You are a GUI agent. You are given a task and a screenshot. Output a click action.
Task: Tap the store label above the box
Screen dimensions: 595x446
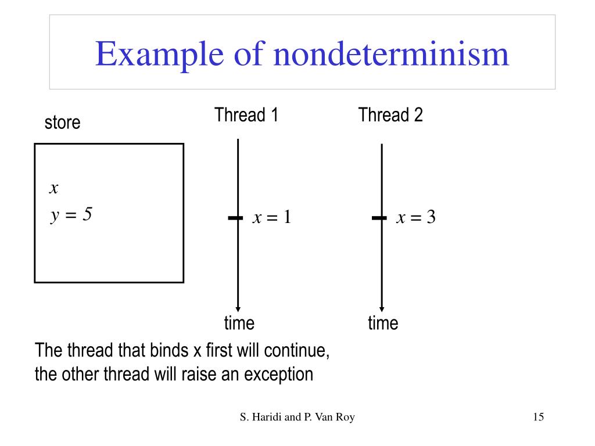pyautogui.click(x=62, y=123)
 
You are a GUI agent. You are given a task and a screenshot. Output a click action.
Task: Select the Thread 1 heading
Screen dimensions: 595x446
pyautogui.click(x=246, y=115)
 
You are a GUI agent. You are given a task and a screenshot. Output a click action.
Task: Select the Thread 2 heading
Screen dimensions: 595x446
pyautogui.click(x=390, y=115)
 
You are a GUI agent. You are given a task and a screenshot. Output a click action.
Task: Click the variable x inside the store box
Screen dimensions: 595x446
pyautogui.click(x=54, y=188)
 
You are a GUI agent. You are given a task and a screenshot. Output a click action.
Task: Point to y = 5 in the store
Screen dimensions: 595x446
pyautogui.click(x=71, y=215)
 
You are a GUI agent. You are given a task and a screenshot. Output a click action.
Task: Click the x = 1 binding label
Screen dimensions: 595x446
pyautogui.click(x=271, y=218)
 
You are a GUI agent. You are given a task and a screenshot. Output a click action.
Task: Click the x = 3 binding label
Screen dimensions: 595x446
pyautogui.click(x=416, y=218)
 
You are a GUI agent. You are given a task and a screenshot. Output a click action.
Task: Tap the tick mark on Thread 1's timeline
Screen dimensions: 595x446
pyautogui.click(x=235, y=218)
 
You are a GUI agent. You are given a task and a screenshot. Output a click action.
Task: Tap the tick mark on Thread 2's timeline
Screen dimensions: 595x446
pyautogui.click(x=379, y=218)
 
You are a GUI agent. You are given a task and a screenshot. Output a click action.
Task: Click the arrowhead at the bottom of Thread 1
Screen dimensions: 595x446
pyautogui.click(x=238, y=308)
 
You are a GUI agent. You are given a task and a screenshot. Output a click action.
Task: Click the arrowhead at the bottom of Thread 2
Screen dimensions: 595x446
pyautogui.click(x=382, y=308)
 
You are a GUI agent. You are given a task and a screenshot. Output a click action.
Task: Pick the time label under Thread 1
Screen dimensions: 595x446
pyautogui.click(x=239, y=323)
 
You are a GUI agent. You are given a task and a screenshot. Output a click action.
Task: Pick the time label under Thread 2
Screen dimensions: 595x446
pyautogui.click(x=383, y=323)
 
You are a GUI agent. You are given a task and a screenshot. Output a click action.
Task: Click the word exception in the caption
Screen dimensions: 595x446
pyautogui.click(x=278, y=374)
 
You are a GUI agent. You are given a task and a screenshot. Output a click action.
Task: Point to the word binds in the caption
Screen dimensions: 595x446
pyautogui.click(x=170, y=351)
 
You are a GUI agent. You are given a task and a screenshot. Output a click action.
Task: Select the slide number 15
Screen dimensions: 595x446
pyautogui.click(x=537, y=417)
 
